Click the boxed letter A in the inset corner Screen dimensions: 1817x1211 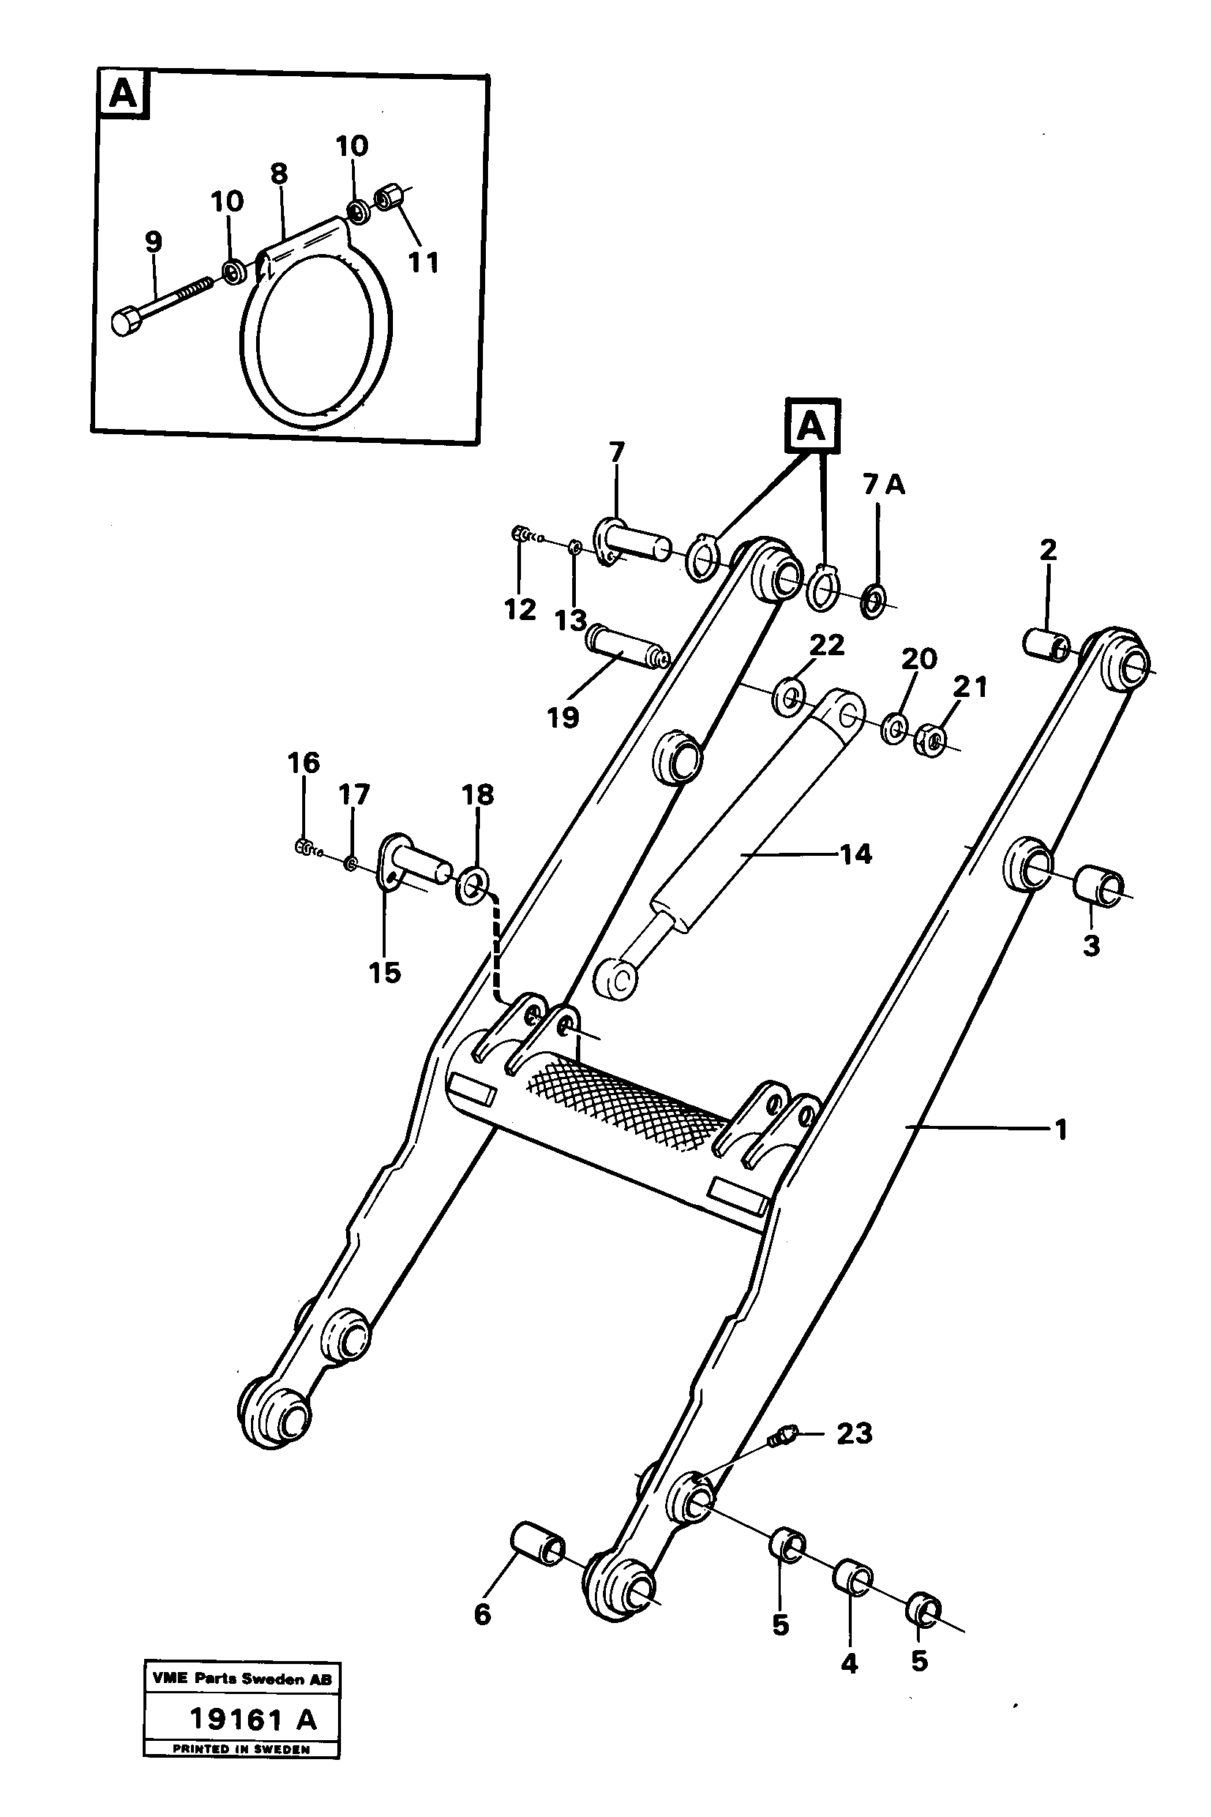(124, 95)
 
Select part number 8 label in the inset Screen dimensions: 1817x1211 (280, 174)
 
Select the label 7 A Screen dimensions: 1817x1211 (883, 485)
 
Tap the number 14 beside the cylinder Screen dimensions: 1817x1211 (855, 854)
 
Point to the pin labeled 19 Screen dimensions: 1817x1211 (626, 647)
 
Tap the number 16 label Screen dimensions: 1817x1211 (304, 764)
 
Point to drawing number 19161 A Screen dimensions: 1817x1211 (253, 1720)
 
